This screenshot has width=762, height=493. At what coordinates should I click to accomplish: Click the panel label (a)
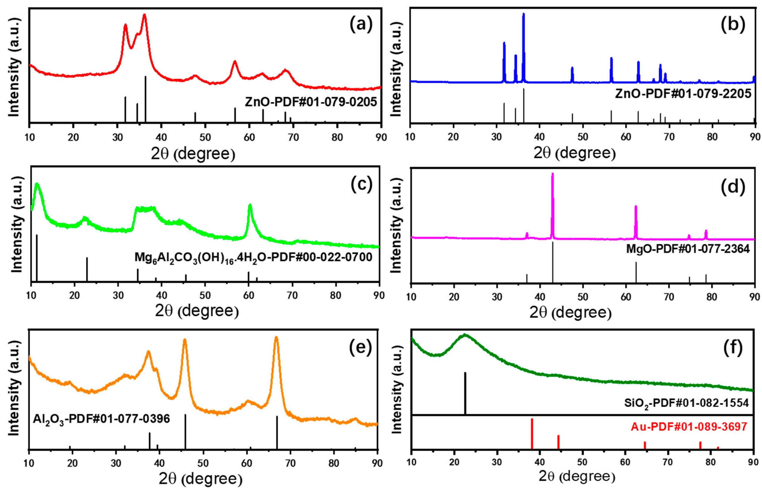click(361, 24)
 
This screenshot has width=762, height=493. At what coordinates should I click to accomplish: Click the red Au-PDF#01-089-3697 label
click(689, 427)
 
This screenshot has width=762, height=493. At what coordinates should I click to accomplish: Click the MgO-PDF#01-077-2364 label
click(688, 249)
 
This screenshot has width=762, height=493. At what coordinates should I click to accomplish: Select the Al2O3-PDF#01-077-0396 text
click(101, 419)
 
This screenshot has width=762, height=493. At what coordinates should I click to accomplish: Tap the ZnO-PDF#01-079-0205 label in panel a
click(311, 102)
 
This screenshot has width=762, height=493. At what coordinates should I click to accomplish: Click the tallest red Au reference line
click(532, 434)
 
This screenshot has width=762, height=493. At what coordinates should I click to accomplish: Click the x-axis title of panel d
click(570, 312)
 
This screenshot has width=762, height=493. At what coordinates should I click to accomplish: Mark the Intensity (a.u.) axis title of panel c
click(17, 224)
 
